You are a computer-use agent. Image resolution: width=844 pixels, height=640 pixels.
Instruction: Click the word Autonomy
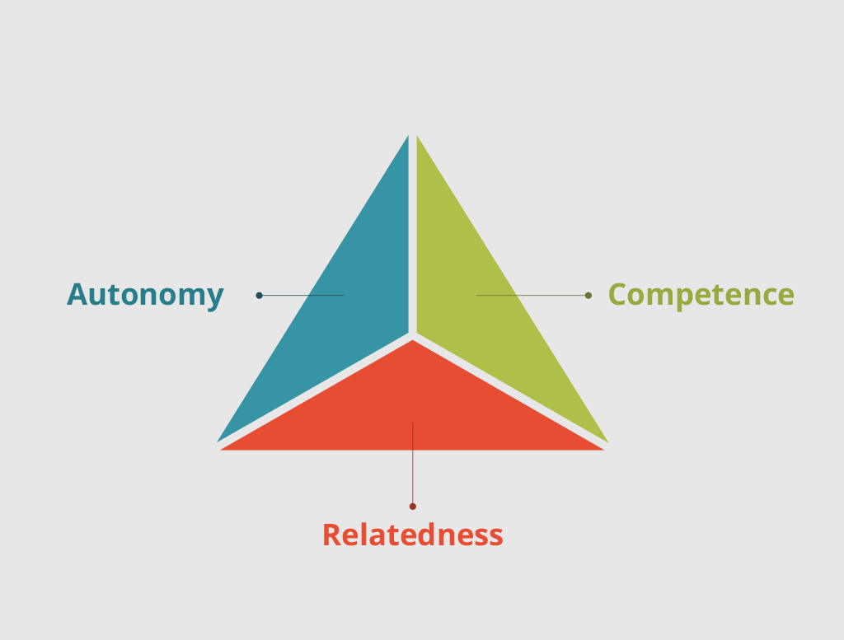coord(145,295)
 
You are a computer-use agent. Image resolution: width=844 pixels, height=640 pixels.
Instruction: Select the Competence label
coord(701,295)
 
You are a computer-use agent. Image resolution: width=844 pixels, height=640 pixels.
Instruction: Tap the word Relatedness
coord(413,535)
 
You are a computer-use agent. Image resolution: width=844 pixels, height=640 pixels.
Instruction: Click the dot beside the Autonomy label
coord(259,295)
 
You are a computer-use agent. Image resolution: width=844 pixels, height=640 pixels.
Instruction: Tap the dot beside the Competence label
coord(588,295)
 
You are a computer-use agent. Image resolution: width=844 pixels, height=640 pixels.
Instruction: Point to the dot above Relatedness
coord(413,506)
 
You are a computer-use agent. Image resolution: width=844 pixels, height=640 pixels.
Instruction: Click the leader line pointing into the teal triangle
coord(302,295)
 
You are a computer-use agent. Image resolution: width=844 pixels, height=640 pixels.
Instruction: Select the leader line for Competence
coord(532,295)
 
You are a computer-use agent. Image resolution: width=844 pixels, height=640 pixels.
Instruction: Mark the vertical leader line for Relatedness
coord(413,464)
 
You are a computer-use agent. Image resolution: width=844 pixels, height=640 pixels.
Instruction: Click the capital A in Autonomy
coord(77,295)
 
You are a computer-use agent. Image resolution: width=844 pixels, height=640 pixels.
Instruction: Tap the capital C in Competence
coord(617,295)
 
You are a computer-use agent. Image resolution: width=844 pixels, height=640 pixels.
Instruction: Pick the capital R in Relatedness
coord(331,535)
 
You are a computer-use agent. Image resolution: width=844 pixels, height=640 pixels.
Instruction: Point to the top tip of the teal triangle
coord(408,136)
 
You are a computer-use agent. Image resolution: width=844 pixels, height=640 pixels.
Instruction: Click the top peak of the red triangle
coord(412,340)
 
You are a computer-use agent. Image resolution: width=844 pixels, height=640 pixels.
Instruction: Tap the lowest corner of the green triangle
coord(607,442)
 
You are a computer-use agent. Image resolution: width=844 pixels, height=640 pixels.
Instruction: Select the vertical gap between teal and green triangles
coord(413,235)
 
